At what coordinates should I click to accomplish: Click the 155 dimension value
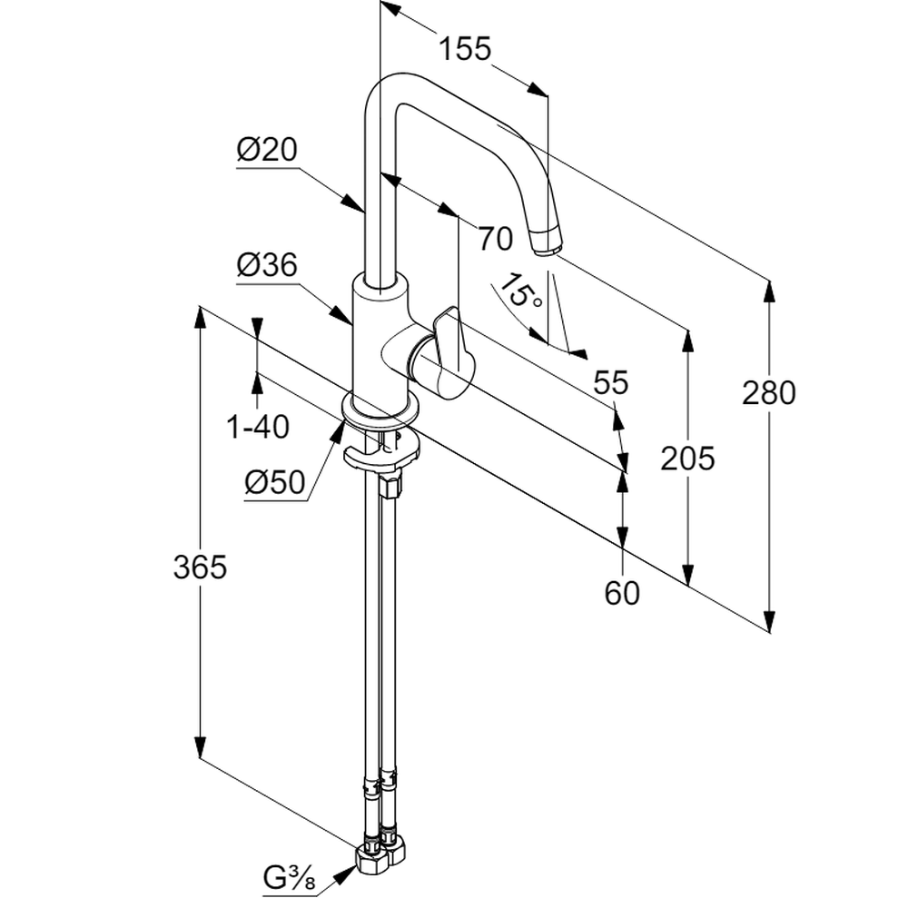(x=465, y=48)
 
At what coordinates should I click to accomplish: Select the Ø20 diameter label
(x=267, y=150)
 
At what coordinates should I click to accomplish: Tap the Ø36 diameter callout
(x=267, y=265)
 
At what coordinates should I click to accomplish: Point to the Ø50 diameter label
(x=274, y=483)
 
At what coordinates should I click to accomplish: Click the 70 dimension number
(x=496, y=239)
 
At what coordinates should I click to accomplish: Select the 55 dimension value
(x=611, y=383)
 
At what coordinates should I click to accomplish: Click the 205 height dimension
(x=687, y=459)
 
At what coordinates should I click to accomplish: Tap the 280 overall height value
(x=768, y=393)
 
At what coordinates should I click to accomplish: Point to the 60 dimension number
(x=622, y=593)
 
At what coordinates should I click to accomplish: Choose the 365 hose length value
(x=200, y=567)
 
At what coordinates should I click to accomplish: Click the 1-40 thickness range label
(x=258, y=427)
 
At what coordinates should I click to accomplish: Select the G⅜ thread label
(x=288, y=879)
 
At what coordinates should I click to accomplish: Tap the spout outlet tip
(x=547, y=242)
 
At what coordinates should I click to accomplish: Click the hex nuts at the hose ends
(x=380, y=856)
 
